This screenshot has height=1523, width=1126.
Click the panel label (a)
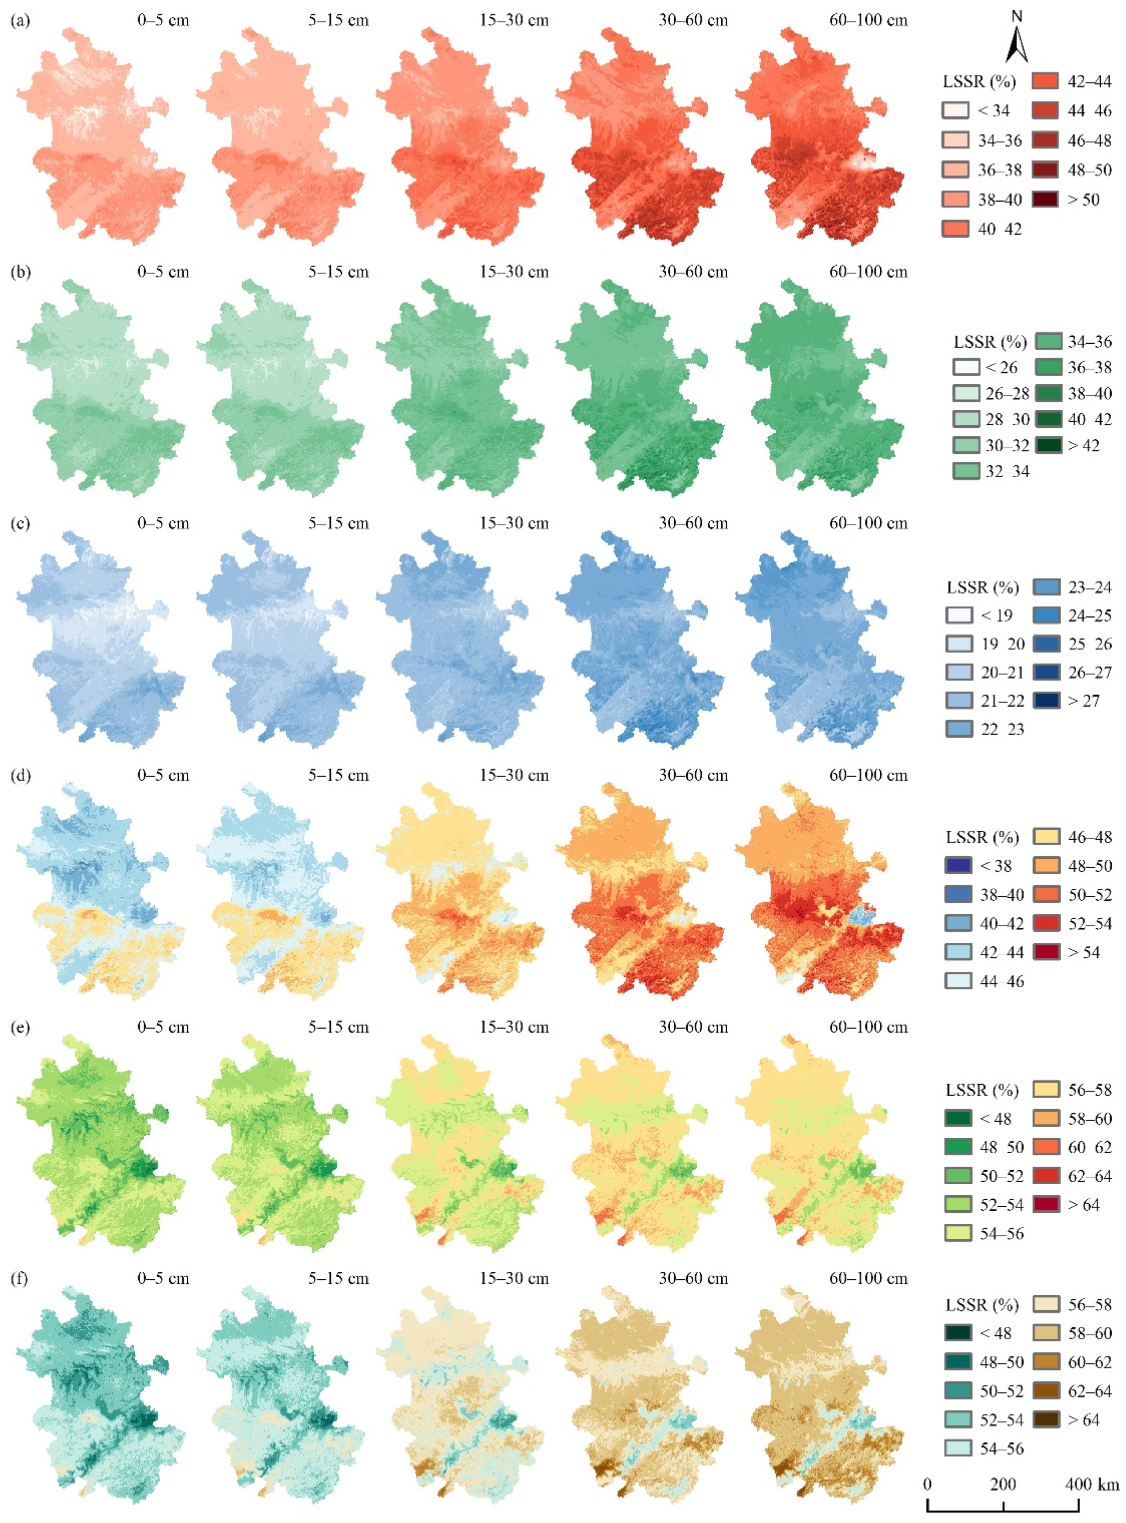point(20,20)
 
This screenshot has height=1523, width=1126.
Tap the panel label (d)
point(20,775)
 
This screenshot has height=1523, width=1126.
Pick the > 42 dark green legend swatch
point(1048,445)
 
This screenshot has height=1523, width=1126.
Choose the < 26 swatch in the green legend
point(966,367)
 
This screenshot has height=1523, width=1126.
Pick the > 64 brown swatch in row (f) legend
point(1047,1420)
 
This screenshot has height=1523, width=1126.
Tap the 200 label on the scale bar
point(1003,1484)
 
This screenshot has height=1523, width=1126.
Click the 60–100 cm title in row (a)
point(868,20)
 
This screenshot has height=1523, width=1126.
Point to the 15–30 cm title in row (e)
point(513,1027)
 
